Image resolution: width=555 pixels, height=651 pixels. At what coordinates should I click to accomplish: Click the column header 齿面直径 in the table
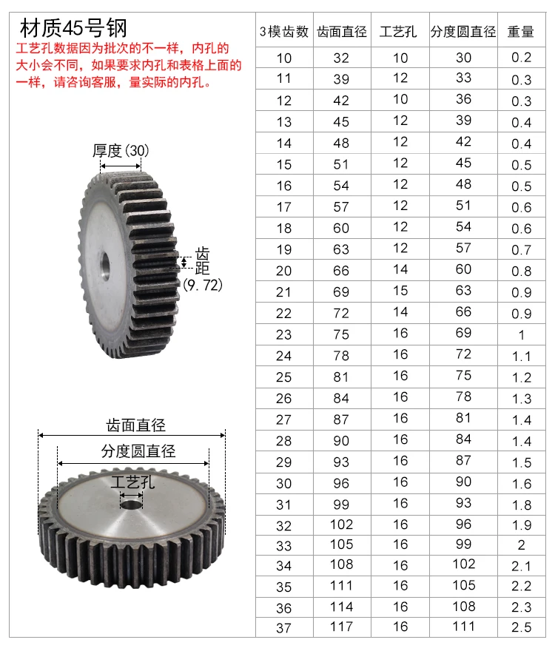pyautogui.click(x=341, y=32)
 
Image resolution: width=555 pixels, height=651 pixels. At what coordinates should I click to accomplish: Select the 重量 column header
pyautogui.click(x=520, y=32)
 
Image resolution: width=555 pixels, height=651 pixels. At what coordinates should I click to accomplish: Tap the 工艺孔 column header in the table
pyautogui.click(x=397, y=32)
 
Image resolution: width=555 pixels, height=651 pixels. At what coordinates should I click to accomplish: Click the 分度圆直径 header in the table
pyautogui.click(x=462, y=32)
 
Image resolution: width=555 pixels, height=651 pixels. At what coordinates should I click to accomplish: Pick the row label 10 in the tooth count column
pyautogui.click(x=284, y=58)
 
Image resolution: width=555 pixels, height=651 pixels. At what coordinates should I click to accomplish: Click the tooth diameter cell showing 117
pyautogui.click(x=341, y=627)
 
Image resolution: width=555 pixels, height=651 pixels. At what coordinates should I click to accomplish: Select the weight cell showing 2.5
pyautogui.click(x=522, y=627)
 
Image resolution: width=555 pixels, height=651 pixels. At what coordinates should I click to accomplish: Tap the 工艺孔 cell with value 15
pyautogui.click(x=400, y=291)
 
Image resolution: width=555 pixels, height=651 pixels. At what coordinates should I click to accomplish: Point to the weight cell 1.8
pyautogui.click(x=522, y=505)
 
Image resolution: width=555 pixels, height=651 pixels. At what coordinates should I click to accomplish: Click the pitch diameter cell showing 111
pyautogui.click(x=463, y=626)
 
